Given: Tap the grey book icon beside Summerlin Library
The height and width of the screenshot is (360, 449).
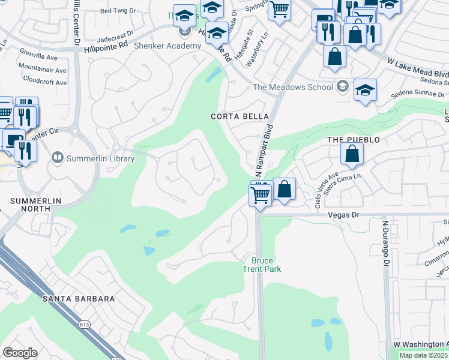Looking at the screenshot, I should point(58,158).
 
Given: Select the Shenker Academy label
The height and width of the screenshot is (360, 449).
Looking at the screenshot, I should point(158,46).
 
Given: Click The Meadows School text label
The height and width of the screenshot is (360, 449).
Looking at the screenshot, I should point(292,87).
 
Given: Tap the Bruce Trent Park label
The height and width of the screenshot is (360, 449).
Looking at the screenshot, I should point(262,265).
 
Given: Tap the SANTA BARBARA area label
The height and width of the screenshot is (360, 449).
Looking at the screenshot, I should point(78,298).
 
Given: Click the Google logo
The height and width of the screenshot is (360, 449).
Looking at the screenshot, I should point(20,352).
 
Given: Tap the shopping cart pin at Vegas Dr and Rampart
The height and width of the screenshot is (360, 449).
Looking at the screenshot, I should point(259,194).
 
